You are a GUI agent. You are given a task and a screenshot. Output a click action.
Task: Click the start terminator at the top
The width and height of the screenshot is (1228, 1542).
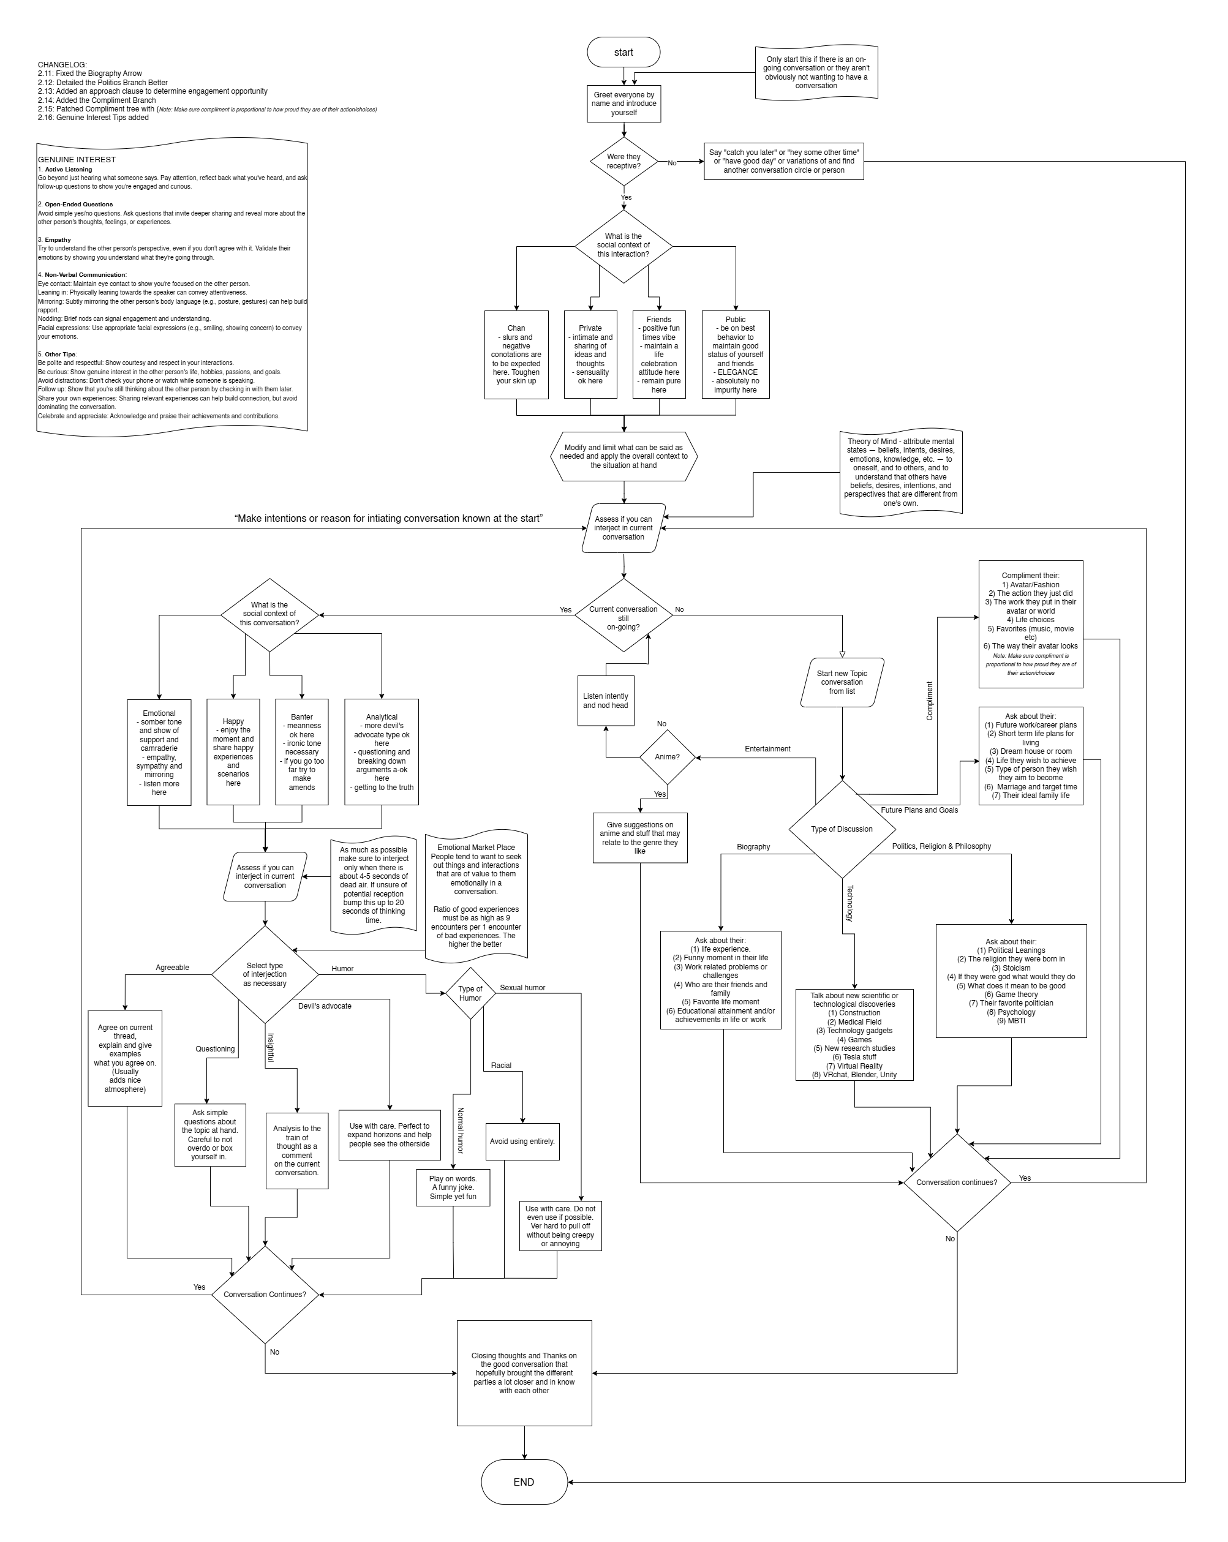(x=623, y=52)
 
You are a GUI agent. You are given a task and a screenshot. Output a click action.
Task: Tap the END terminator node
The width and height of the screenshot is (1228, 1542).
(x=524, y=1482)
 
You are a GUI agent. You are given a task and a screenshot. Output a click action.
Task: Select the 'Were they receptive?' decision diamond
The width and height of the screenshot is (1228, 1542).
(x=623, y=162)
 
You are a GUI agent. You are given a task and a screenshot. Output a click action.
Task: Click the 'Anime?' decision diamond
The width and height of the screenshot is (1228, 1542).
(x=666, y=757)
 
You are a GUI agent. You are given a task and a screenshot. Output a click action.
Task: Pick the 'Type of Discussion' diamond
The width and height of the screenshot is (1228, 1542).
(x=842, y=829)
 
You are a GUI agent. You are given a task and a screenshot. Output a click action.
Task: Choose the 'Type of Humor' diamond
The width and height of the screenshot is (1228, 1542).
(x=470, y=993)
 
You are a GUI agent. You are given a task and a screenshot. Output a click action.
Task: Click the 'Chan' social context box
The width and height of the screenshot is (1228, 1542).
(x=516, y=355)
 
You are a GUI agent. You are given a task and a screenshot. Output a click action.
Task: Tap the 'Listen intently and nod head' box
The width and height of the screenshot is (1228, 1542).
(x=606, y=700)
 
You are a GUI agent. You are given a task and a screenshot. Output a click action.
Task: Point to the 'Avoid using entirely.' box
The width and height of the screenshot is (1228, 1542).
(x=522, y=1141)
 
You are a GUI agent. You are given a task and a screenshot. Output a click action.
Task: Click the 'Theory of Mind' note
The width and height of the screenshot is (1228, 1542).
(x=900, y=472)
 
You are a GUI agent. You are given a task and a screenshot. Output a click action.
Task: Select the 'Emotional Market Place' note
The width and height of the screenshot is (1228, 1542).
(x=477, y=895)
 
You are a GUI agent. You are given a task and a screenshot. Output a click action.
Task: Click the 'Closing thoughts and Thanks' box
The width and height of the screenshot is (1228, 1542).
(x=524, y=1373)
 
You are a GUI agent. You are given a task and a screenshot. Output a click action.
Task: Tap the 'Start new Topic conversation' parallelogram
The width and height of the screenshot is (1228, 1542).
(x=842, y=682)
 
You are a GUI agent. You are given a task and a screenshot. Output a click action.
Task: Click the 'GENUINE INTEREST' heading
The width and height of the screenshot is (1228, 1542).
(x=77, y=159)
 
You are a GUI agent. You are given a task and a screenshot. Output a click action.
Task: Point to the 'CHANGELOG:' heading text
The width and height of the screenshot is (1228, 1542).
(x=62, y=65)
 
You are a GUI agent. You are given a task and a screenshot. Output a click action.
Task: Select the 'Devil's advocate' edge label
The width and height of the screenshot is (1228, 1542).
(x=325, y=1006)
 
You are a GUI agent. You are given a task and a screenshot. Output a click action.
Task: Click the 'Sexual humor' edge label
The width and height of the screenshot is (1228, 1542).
(x=522, y=988)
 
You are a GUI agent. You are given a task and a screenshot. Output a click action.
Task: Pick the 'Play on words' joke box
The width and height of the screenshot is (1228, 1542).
(x=453, y=1187)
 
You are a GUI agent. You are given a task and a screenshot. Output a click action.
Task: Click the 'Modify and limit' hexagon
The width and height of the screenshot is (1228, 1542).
(x=623, y=456)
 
